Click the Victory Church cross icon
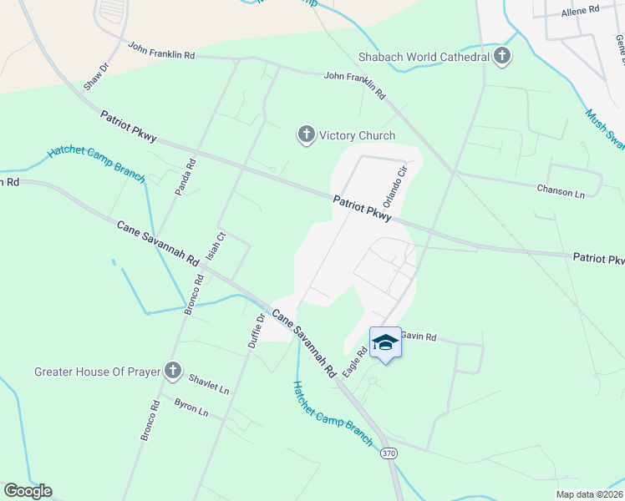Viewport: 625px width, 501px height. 307,134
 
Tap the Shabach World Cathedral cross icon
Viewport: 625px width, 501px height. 502,57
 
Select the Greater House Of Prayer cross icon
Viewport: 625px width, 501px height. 173,370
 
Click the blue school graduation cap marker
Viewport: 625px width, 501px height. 385,342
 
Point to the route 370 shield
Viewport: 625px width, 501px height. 388,453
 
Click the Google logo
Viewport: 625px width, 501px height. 28,491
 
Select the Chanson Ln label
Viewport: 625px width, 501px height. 561,192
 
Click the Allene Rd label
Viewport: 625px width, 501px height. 581,10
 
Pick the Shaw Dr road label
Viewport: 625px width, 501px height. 97,76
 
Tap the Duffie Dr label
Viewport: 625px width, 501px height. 257,330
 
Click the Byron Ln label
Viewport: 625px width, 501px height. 191,407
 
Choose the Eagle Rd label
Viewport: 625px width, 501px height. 355,362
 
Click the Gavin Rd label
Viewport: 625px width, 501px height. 419,337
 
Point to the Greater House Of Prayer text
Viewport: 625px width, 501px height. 97,372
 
